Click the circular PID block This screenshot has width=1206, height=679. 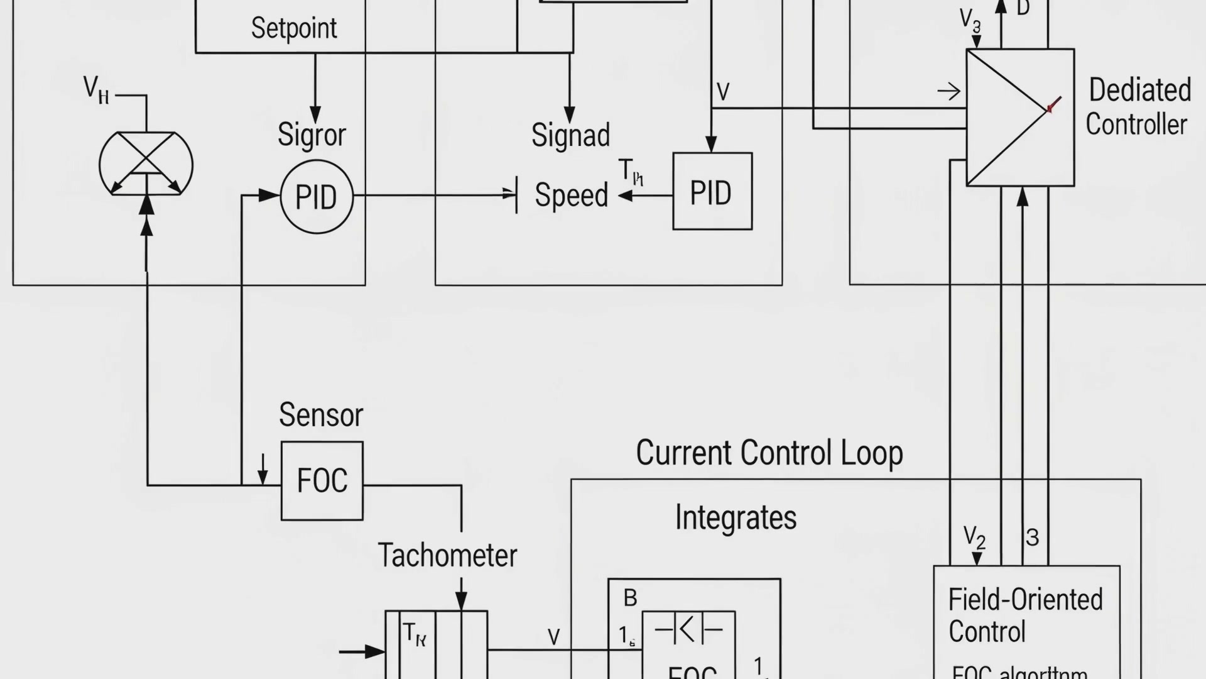(317, 197)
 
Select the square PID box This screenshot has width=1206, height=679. (712, 191)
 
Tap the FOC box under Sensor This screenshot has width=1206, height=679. (322, 481)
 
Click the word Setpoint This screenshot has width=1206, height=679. (294, 28)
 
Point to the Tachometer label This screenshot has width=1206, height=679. (447, 556)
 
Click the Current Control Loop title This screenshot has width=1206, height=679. (769, 453)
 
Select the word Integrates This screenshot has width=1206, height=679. (736, 518)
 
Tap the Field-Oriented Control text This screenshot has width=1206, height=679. (1024, 616)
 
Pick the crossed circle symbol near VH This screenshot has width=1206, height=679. (146, 163)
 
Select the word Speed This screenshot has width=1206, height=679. (571, 195)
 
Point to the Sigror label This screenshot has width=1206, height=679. (312, 135)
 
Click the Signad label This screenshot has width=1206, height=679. (570, 135)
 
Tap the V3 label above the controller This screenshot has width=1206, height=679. (970, 20)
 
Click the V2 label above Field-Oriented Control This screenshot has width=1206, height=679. (974, 538)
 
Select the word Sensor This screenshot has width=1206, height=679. (321, 415)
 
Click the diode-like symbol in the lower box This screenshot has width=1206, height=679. (688, 629)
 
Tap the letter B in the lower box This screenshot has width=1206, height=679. (630, 598)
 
